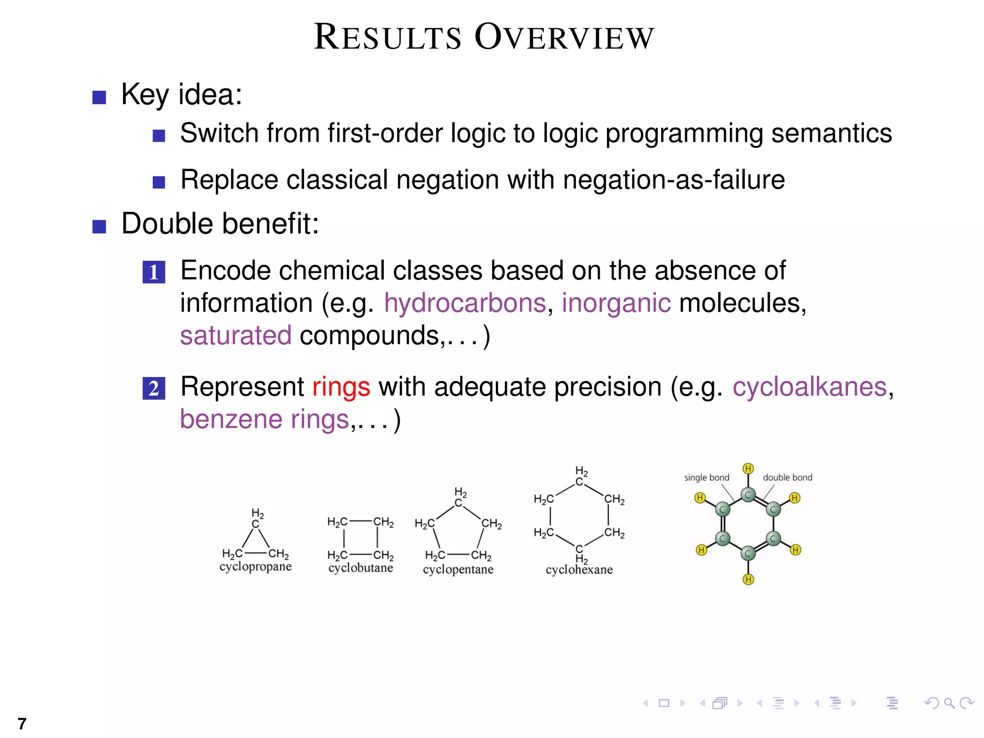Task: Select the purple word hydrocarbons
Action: [x=465, y=303]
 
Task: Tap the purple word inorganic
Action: [x=616, y=303]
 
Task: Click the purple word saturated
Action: [x=235, y=335]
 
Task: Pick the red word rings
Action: [x=341, y=387]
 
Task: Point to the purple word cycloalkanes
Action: [x=809, y=387]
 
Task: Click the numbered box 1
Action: [x=154, y=272]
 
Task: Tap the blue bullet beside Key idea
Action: [x=99, y=98]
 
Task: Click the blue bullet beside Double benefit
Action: [x=99, y=227]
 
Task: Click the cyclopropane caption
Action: [x=255, y=566]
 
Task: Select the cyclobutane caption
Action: [x=360, y=568]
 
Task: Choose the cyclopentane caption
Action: [x=458, y=569]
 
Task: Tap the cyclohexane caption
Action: [x=579, y=570]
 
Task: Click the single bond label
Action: [x=706, y=478]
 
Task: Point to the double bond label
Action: [x=787, y=478]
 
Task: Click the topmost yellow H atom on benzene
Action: [x=748, y=468]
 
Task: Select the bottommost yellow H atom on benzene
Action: [x=748, y=579]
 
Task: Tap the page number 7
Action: [x=22, y=724]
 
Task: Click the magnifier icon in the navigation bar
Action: [x=949, y=703]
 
